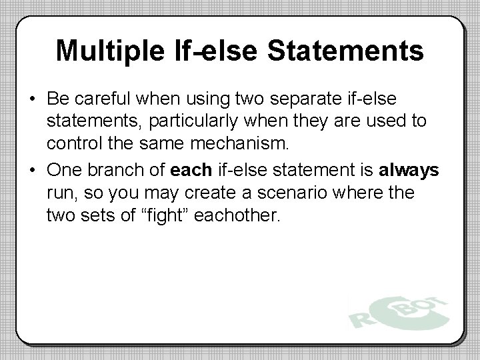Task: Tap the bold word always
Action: pyautogui.click(x=409, y=171)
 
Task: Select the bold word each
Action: pyautogui.click(x=191, y=171)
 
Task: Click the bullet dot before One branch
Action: pyautogui.click(x=33, y=171)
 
